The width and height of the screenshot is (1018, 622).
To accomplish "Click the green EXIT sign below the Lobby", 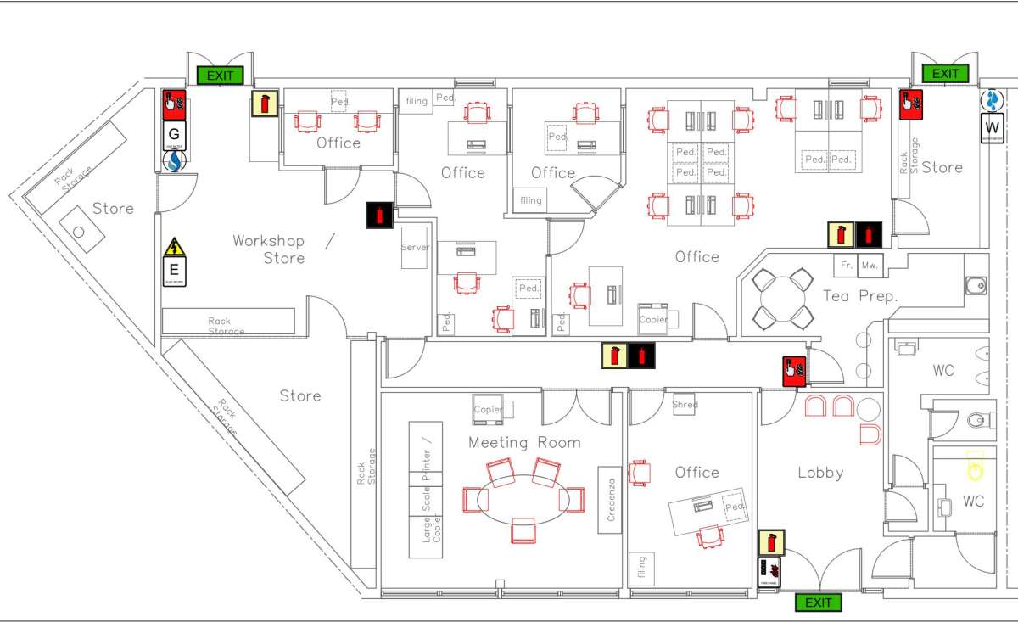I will [819, 602].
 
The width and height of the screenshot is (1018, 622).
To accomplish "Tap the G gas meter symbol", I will [174, 135].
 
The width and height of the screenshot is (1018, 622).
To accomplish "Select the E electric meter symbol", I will [174, 271].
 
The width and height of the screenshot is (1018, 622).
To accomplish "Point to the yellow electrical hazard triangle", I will [174, 247].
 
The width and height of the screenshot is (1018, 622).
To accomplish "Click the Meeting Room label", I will [524, 442].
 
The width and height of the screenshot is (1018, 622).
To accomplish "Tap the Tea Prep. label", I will [859, 296].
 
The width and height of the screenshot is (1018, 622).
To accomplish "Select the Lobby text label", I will [820, 473].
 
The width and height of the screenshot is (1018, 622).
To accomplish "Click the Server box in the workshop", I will [415, 248].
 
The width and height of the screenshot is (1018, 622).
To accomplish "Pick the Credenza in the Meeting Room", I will [610, 500].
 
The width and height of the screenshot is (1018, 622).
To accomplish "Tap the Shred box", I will [685, 404].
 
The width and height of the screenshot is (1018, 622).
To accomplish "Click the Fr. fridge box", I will [846, 265].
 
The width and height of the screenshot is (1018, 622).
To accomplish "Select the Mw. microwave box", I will [870, 265].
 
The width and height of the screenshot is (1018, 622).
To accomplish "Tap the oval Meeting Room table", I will [523, 500].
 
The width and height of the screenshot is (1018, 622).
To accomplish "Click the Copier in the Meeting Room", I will [488, 409].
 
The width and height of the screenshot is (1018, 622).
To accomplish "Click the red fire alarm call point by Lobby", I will [793, 369].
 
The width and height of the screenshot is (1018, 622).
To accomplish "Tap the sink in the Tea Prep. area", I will [976, 285].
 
